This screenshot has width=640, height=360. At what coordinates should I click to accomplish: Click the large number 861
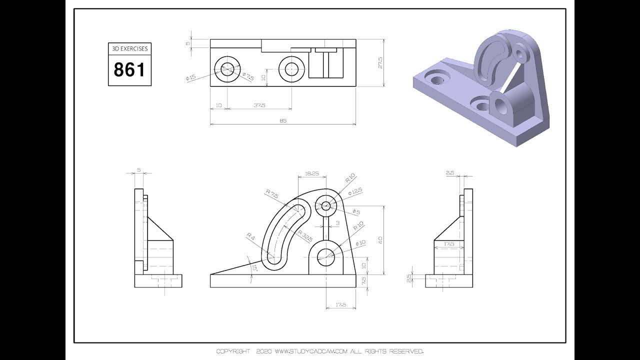pyautogui.click(x=129, y=69)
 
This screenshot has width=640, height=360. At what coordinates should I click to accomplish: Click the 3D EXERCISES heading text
pyautogui.click(x=130, y=48)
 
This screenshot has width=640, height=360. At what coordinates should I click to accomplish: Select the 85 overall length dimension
pyautogui.click(x=283, y=120)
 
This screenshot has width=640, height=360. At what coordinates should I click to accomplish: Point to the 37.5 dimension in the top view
pyautogui.click(x=259, y=105)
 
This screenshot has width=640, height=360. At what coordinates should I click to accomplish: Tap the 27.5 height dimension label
pyautogui.click(x=380, y=63)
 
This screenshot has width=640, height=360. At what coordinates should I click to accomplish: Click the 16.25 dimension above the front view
pyautogui.click(x=311, y=173)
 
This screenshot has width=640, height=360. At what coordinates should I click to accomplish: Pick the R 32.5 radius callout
pyautogui.click(x=305, y=236)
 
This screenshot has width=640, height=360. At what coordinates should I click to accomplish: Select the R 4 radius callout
pyautogui.click(x=250, y=236)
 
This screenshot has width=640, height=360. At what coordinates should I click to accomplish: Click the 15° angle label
pyautogui.click(x=253, y=267)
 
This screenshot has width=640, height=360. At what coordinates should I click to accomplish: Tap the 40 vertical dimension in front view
pyautogui.click(x=380, y=240)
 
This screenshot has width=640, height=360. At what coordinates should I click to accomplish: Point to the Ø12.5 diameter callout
pyautogui.click(x=355, y=191)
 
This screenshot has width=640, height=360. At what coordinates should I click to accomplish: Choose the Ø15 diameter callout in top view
pyautogui.click(x=190, y=77)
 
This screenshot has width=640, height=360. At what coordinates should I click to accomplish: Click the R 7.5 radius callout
pyautogui.click(x=272, y=193)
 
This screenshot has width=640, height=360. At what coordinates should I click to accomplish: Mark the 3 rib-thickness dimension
pyautogui.click(x=337, y=223)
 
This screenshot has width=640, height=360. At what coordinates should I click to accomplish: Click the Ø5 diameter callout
pyautogui.click(x=356, y=211)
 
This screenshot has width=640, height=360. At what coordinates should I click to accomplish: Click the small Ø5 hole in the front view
pyautogui.click(x=325, y=205)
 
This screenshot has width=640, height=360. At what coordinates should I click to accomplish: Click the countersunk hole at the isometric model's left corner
pyautogui.click(x=437, y=77)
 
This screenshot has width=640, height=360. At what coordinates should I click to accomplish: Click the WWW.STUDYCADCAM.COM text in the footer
pyautogui.click(x=311, y=351)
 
